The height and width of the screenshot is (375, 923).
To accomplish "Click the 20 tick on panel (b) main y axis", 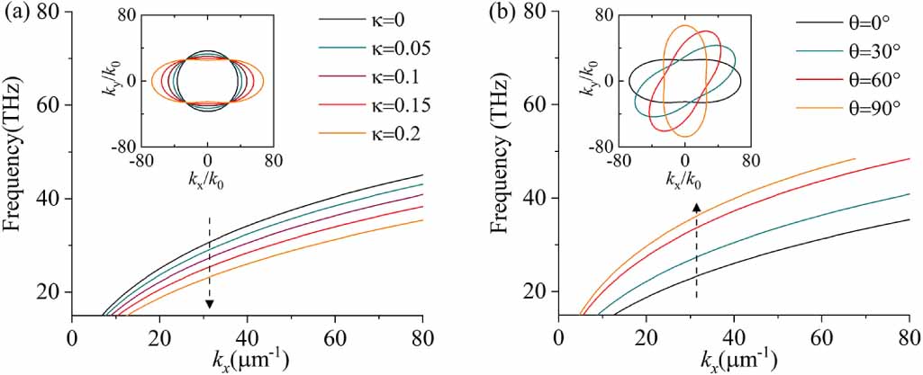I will tap(538, 291).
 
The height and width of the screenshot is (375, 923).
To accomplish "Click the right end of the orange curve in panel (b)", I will tap(855, 158).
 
